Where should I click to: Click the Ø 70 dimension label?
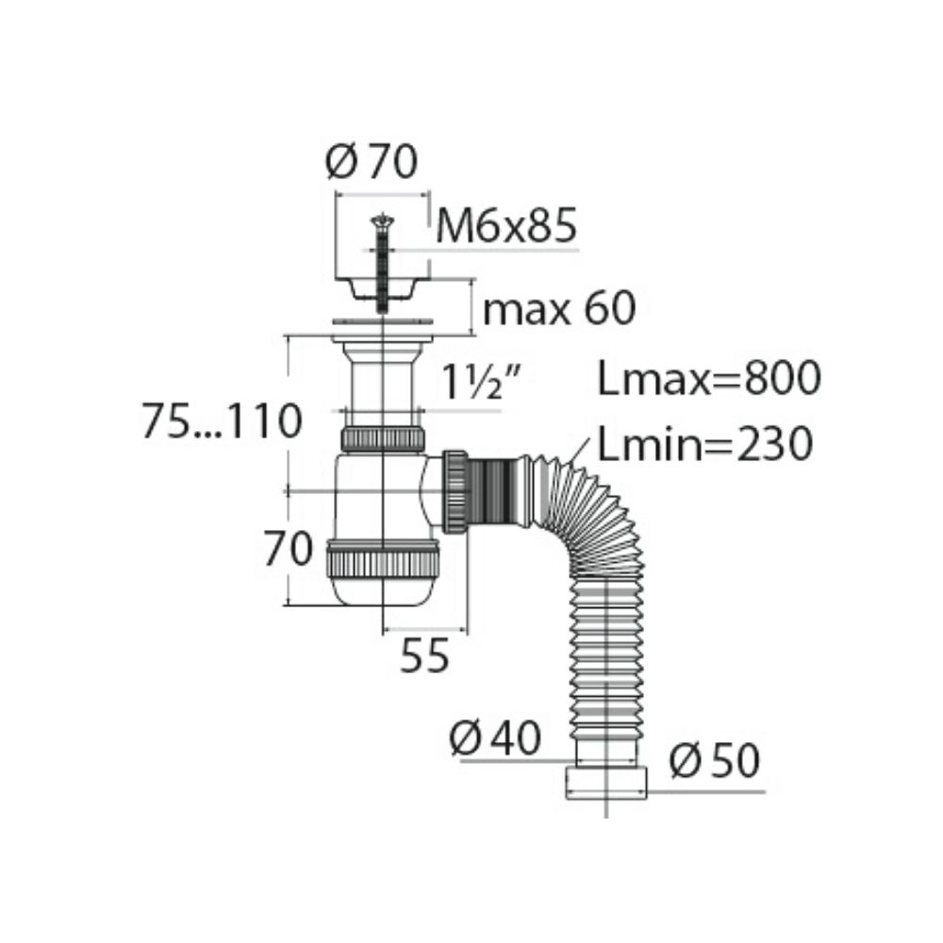pos(371,163)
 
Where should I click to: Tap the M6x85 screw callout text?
pos(506,226)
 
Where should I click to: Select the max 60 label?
pos(558,308)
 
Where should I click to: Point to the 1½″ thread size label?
pos(481,383)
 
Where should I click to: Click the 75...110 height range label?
pos(222,421)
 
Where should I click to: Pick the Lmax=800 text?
pos(709,378)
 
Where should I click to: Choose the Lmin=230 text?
pos(704,444)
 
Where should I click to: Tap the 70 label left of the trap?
pos(288,549)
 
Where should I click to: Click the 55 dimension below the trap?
pos(424,655)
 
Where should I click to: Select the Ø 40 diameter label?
pos(495,738)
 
